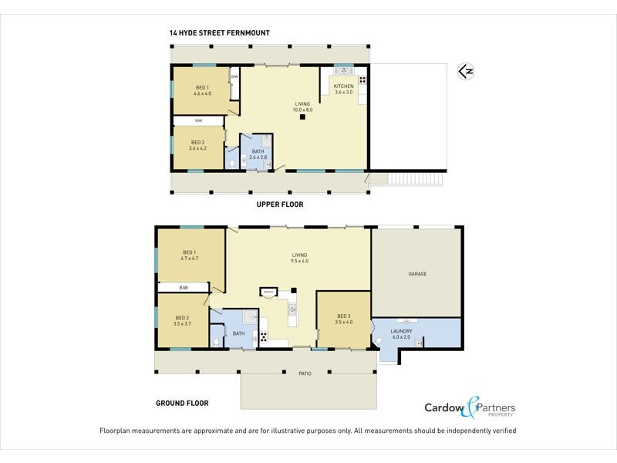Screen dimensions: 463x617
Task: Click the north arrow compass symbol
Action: click(465, 72)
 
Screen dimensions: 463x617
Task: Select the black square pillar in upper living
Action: click(304, 117)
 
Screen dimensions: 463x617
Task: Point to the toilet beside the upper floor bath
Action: click(232, 163)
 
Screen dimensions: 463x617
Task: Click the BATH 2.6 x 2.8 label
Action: click(258, 154)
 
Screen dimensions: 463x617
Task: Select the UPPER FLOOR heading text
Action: click(280, 205)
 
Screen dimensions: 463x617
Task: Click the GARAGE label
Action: click(417, 274)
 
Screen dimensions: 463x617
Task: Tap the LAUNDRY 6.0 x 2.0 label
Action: click(401, 333)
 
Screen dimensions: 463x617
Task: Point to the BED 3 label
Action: click(344, 319)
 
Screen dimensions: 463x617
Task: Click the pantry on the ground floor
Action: click(268, 292)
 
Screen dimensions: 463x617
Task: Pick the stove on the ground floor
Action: click(263, 336)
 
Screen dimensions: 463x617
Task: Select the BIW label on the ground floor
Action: click(184, 288)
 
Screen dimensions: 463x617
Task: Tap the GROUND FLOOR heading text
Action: click(183, 403)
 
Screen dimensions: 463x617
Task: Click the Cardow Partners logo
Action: click(470, 408)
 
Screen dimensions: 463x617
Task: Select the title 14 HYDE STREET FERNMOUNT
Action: click(219, 33)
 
